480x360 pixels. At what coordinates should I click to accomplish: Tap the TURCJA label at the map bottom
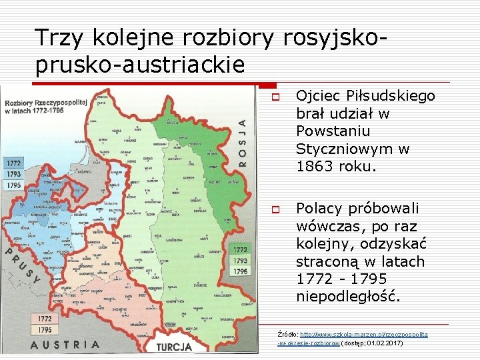174,347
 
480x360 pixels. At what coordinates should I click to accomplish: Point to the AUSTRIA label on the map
65,345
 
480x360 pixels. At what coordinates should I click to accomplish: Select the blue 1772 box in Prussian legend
13,163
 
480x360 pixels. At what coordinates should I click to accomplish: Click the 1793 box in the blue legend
13,174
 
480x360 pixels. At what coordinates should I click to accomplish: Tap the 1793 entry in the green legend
241,261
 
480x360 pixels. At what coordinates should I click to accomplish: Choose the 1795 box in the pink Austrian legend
45,330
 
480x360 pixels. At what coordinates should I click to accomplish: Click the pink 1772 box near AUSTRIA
45,319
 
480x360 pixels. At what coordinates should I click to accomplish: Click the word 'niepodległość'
349,296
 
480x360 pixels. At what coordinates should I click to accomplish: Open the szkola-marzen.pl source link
363,333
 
